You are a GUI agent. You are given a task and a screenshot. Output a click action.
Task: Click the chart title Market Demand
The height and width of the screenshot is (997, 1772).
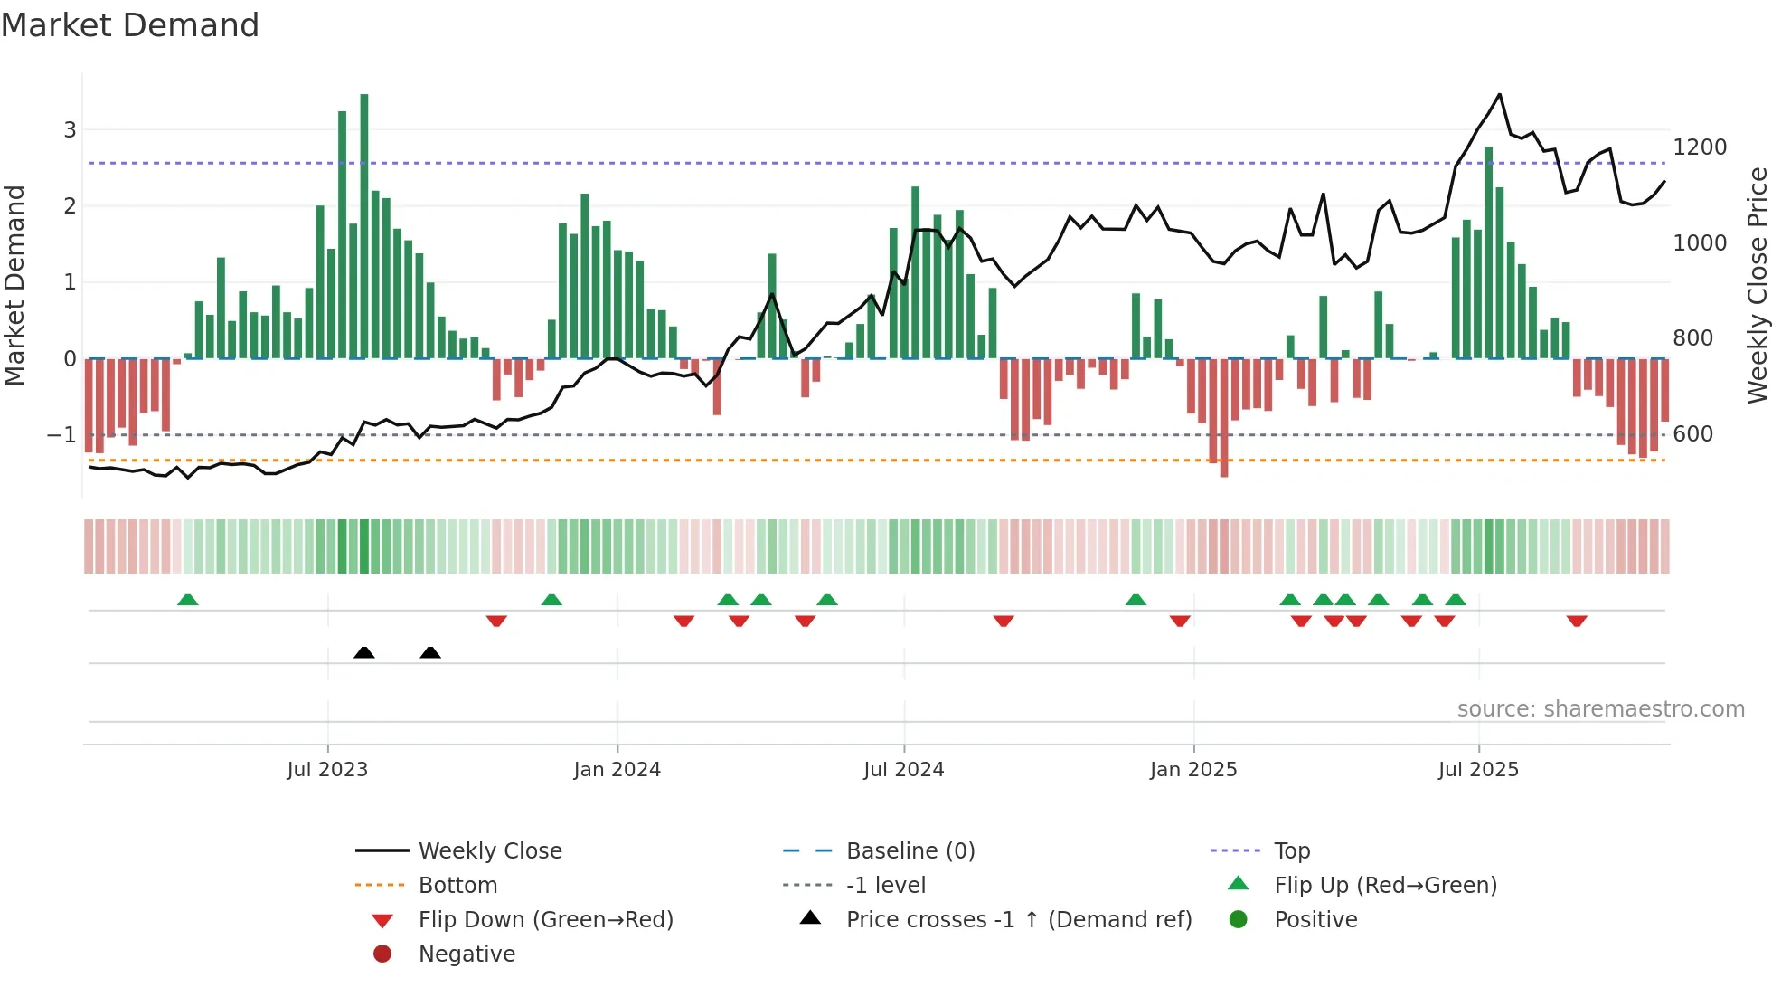[x=130, y=25]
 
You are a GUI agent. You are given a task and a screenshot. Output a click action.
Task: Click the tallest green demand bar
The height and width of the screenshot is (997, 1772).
[x=364, y=226]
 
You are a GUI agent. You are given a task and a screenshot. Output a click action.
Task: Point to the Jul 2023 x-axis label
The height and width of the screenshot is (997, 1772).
[x=327, y=770]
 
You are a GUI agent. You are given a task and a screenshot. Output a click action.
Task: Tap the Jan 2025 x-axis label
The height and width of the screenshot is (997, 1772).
[x=1193, y=770]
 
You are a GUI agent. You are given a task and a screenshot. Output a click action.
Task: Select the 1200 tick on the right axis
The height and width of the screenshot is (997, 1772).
[x=1700, y=147]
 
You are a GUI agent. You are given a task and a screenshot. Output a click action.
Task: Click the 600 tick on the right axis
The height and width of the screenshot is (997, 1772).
[x=1692, y=434]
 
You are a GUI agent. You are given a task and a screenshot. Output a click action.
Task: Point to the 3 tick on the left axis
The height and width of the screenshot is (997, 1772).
[x=70, y=130]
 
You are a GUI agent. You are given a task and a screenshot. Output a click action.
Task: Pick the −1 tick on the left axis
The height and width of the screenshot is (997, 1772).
[x=61, y=435]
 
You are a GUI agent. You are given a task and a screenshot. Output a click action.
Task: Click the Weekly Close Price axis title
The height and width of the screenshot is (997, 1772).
[x=1757, y=285]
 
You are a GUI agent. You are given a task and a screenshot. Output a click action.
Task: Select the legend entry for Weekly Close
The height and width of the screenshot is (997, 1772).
[x=489, y=851]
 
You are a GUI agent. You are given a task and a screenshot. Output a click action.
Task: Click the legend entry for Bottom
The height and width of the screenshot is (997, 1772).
[x=457, y=886]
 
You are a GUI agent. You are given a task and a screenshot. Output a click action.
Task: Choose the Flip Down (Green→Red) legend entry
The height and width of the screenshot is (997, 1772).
[x=545, y=920]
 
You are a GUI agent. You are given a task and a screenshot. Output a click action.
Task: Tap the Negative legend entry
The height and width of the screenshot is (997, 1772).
[x=467, y=954]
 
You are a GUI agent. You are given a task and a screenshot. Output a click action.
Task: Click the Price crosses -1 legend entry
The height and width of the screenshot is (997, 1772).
[x=1018, y=920]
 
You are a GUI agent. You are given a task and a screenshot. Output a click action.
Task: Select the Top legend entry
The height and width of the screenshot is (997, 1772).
[x=1291, y=851]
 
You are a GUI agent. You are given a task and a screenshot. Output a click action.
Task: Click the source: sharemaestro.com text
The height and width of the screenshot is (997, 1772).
[x=1600, y=709]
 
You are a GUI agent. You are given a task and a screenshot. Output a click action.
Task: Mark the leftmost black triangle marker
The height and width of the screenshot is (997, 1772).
[x=364, y=652]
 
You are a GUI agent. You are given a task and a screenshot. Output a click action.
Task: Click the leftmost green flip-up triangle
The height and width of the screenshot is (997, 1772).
[x=188, y=600]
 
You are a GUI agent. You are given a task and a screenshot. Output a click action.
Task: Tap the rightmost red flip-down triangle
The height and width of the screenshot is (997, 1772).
[x=1577, y=621]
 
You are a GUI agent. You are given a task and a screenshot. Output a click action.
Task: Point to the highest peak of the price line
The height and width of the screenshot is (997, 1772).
[x=1499, y=95]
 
